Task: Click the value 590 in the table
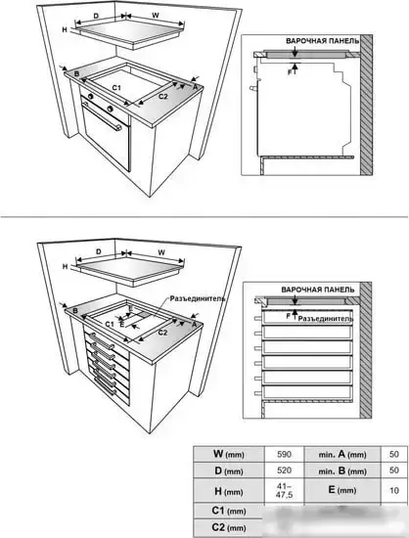click(x=284, y=454)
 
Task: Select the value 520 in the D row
click(x=284, y=471)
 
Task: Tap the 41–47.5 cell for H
click(x=284, y=491)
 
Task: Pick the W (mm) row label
click(x=229, y=454)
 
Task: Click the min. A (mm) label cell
click(x=342, y=454)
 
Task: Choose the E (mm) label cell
click(x=342, y=490)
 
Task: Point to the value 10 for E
click(x=394, y=491)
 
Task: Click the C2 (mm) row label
click(x=229, y=527)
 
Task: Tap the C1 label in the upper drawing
click(x=116, y=88)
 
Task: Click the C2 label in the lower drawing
click(x=162, y=333)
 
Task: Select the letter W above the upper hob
click(x=156, y=16)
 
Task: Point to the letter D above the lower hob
click(x=99, y=251)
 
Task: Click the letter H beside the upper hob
click(x=65, y=30)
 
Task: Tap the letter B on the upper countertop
click(x=77, y=73)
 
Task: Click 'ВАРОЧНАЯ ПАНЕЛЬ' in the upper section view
click(x=323, y=40)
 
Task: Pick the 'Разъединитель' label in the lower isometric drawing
click(x=198, y=298)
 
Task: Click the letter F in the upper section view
click(x=290, y=72)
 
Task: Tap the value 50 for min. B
click(x=394, y=471)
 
